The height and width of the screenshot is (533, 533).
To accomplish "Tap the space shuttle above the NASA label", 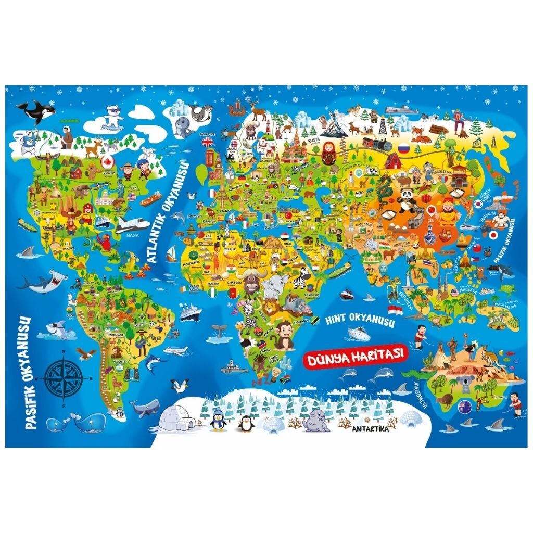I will point(133,225).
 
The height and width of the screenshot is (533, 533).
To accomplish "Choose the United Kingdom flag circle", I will point(208,142).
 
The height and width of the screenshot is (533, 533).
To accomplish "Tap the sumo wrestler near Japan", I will point(501,218).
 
